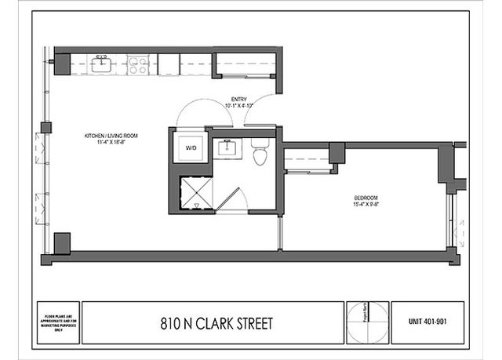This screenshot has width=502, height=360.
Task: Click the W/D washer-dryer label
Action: [x=191, y=147]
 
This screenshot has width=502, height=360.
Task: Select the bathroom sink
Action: [x=230, y=147]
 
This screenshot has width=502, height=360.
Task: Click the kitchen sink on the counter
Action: [x=101, y=64]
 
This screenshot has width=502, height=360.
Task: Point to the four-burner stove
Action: [x=138, y=64]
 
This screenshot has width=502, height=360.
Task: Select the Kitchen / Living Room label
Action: [x=111, y=136]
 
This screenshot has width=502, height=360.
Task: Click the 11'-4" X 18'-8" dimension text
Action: [x=111, y=143]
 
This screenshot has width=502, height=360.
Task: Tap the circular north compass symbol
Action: [x=367, y=322]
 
